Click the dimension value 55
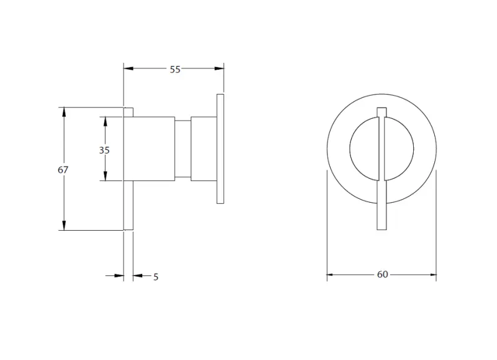[175, 70]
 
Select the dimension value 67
[62, 169]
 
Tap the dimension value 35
[104, 150]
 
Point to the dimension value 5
[156, 277]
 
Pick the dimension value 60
[382, 274]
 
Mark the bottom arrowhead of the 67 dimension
[62, 226]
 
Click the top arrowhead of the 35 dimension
[104, 121]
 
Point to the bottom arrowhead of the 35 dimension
[104, 177]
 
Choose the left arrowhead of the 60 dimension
[332, 274]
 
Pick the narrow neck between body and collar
[182, 149]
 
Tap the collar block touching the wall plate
[203, 149]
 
